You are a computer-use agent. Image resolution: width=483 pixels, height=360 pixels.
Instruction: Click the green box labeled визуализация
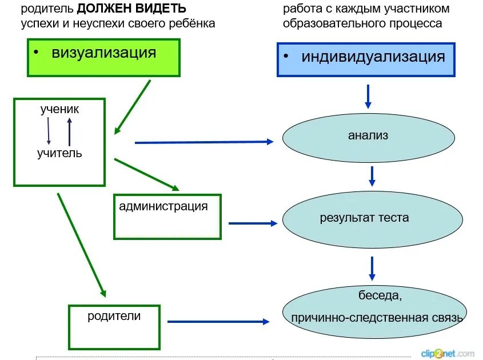103,58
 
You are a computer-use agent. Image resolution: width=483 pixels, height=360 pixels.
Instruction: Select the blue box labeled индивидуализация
366,59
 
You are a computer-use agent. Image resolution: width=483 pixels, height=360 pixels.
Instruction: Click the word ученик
59,109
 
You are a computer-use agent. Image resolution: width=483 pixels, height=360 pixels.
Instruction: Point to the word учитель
59,153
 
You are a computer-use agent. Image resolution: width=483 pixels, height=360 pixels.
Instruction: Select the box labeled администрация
167,217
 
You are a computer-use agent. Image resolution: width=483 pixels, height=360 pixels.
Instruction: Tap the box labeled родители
114,327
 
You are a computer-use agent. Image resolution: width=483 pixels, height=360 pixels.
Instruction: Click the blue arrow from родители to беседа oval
217,322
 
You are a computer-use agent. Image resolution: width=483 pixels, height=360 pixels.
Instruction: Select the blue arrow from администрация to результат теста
252,223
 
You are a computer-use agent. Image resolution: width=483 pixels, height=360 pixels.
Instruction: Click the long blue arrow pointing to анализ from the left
203,142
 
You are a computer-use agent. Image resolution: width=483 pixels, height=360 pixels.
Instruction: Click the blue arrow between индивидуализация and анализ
368,96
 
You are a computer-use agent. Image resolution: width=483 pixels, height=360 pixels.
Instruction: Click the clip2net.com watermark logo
448,353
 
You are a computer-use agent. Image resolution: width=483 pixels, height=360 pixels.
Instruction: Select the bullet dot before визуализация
35,53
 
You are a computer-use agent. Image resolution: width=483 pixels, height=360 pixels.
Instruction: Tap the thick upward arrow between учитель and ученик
69,131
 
